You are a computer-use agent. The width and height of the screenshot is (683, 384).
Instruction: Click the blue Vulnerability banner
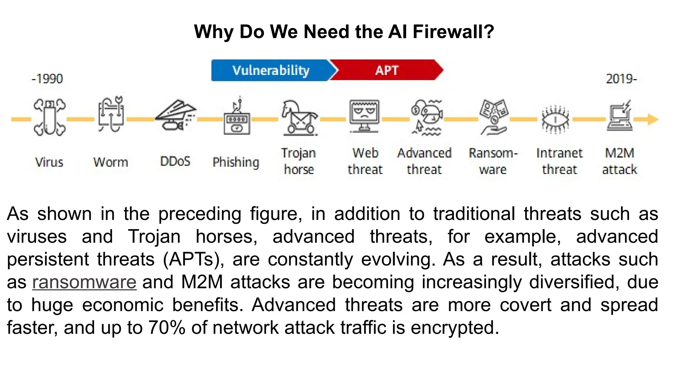[x=271, y=70]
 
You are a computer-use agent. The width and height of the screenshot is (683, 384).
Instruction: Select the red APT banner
[x=387, y=70]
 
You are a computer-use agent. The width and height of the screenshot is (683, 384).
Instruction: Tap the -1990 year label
[x=47, y=79]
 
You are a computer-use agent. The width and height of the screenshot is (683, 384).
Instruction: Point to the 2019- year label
[x=621, y=79]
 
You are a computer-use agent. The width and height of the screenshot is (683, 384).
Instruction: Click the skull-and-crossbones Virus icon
[x=49, y=117]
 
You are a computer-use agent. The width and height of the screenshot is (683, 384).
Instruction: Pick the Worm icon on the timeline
[x=111, y=115]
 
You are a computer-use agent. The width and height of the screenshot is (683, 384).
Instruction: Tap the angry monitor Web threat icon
[x=364, y=116]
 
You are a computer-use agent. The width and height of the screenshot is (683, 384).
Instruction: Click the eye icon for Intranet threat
[x=555, y=119]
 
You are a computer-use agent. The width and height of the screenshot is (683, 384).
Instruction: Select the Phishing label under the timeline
[x=236, y=162]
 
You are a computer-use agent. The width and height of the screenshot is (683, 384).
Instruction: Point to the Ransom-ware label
[x=493, y=161]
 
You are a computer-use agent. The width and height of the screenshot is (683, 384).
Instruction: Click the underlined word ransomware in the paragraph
[x=84, y=282]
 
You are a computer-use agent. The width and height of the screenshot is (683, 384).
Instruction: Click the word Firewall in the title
[x=453, y=32]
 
